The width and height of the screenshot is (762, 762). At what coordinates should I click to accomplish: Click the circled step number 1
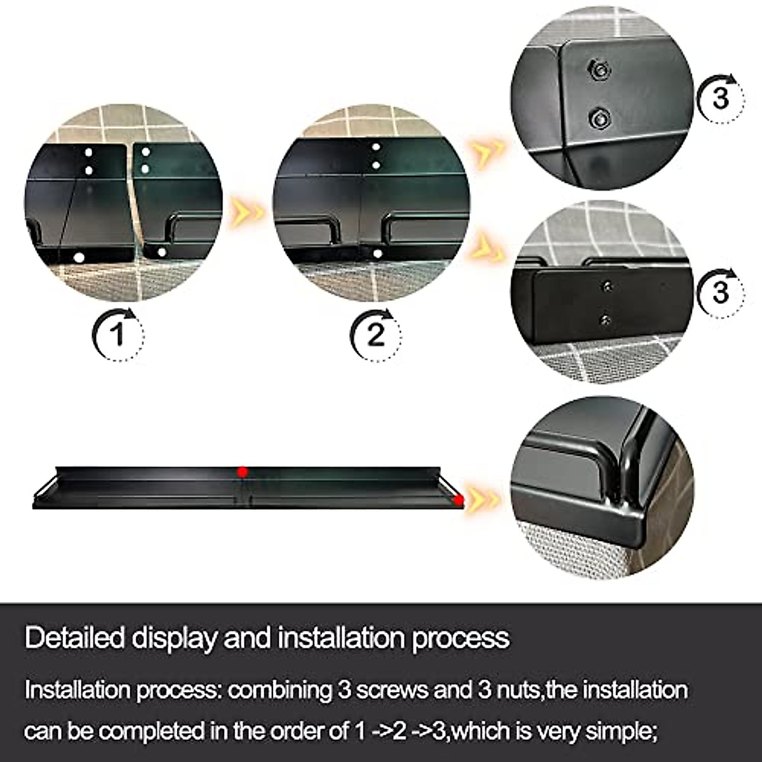point(119,333)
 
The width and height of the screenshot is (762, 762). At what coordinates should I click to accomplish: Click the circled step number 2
point(376,333)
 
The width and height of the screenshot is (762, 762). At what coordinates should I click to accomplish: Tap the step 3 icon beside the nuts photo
point(720,98)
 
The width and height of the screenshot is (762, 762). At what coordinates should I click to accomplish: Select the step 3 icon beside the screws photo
point(720,292)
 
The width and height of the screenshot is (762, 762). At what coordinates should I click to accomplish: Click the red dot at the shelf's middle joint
point(242,471)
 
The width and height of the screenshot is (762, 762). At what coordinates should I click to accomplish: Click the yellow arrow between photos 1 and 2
point(247,211)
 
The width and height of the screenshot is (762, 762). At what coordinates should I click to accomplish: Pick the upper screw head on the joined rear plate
point(607,286)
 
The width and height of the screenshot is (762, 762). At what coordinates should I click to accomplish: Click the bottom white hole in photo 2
point(377,253)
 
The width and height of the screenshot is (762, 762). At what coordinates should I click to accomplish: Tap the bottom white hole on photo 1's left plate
point(79,257)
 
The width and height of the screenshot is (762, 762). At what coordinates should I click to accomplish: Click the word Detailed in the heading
point(74,638)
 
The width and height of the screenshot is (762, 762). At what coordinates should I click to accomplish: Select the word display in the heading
point(173,638)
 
